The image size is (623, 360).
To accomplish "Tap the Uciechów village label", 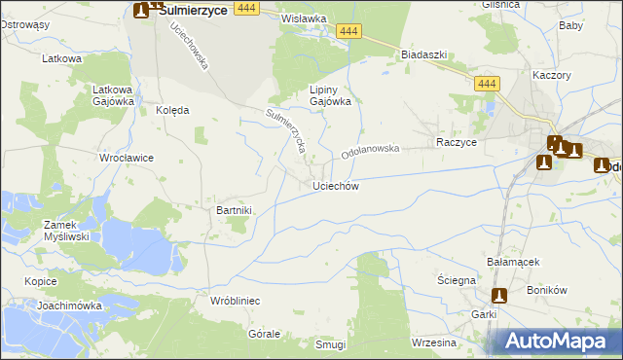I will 337,186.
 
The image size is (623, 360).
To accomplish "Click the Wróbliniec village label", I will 235,302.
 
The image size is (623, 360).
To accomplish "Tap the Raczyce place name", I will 457,142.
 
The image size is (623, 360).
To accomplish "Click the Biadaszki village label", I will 423,55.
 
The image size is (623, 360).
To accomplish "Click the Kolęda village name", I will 172,111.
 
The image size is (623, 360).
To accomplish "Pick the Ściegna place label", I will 456,280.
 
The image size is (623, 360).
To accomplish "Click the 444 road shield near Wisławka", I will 352,32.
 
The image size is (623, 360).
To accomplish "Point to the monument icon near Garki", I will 499,296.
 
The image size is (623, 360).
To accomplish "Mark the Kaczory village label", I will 551,75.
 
